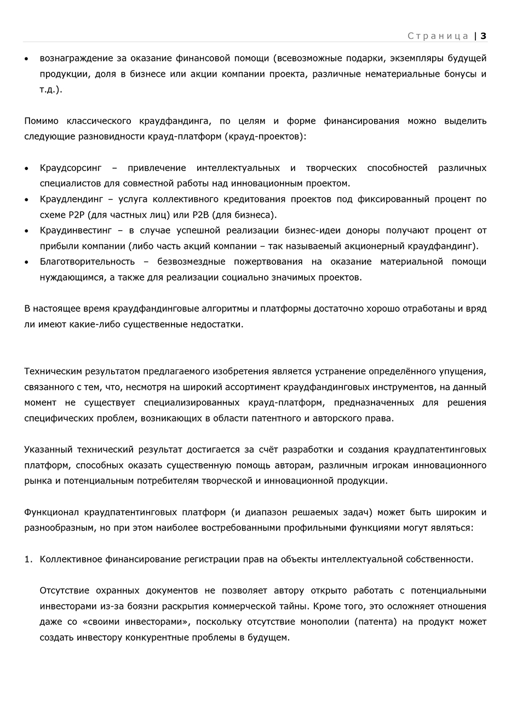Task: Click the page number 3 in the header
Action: (484, 36)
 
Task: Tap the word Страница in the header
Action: (438, 36)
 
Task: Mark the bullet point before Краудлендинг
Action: (27, 200)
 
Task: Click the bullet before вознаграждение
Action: (27, 59)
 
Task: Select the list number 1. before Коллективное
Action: (28, 559)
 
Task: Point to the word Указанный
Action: (48, 449)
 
